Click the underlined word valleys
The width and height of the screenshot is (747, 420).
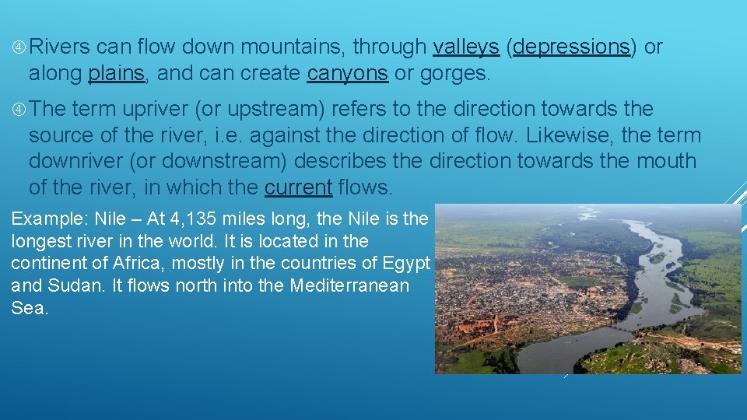click(465, 47)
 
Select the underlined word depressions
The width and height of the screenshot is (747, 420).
click(571, 47)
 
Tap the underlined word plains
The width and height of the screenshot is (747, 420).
click(117, 74)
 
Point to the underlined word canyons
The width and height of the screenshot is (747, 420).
click(347, 74)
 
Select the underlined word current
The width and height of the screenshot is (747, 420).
click(298, 188)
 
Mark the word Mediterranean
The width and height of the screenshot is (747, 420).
click(349, 285)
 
